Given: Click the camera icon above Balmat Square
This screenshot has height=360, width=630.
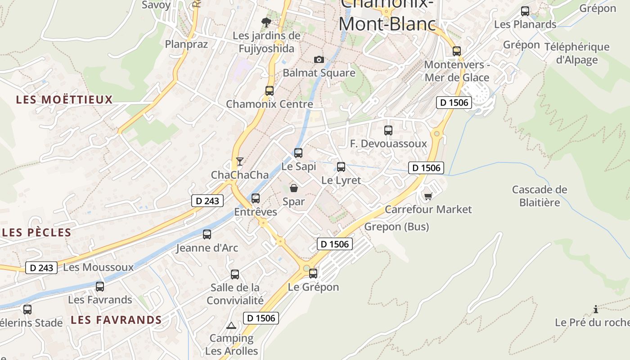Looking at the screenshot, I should tap(319, 59).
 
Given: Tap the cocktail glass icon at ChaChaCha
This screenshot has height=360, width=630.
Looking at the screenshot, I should tap(240, 161).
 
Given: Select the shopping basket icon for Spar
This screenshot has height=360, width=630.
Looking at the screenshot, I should tap(294, 188).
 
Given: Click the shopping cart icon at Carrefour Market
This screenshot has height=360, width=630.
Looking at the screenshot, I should tap(428, 196).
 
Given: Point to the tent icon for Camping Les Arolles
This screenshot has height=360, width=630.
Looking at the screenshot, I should tap(231, 325).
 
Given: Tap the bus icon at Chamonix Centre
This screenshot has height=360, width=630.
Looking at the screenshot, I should tap(270, 90).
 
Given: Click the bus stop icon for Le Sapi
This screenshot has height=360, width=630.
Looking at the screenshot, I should tap(298, 153).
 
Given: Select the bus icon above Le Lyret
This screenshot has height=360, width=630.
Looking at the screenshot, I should tap(341, 167).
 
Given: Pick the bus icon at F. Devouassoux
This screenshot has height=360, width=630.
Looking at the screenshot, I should tap(388, 130).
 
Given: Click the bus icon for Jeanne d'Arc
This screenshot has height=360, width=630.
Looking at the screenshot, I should tap(207, 234).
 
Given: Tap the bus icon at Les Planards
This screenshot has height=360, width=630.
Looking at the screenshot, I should tap(525, 11).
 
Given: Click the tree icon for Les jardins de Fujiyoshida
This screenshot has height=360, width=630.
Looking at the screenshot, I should tap(266, 22).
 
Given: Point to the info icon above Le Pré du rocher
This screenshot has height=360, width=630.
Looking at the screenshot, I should tap(596, 309).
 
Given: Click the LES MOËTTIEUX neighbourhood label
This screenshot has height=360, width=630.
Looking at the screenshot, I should tap(64, 100).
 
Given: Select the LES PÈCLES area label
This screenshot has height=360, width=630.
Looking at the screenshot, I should tap(37, 233).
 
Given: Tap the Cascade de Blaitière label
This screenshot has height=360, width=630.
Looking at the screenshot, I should tap(540, 196).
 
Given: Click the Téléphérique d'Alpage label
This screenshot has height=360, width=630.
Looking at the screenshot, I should tap(577, 53).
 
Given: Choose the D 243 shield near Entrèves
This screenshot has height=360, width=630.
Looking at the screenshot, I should tap(207, 201).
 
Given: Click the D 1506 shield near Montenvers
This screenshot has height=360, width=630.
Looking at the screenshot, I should tap(454, 103).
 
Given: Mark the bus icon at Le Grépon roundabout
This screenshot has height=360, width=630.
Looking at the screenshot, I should tap(313, 273).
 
